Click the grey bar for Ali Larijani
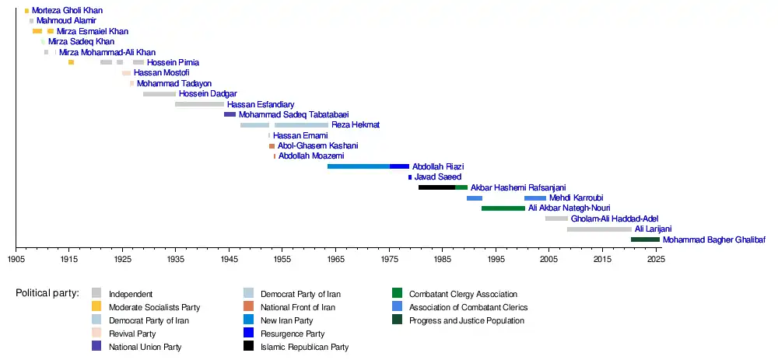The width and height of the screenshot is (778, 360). pyautogui.click(x=599, y=229)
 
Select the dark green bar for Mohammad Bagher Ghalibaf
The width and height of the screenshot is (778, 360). pyautogui.click(x=645, y=239)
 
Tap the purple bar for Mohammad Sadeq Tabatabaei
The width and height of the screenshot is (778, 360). pyautogui.click(x=230, y=114)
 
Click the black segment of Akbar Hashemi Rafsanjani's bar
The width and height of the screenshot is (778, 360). pyautogui.click(x=436, y=187)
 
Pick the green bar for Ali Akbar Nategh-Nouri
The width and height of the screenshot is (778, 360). pyautogui.click(x=503, y=208)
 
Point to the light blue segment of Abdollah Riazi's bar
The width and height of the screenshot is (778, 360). pyautogui.click(x=359, y=166)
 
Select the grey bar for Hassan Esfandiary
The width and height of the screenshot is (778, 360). pyautogui.click(x=199, y=104)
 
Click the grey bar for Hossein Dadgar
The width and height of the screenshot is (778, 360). pyautogui.click(x=159, y=94)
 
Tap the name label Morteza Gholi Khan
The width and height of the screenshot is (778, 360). pyautogui.click(x=67, y=11)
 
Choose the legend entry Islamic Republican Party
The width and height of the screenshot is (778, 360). pyautogui.click(x=304, y=347)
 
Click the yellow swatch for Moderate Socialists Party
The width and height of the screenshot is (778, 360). pyautogui.click(x=96, y=307)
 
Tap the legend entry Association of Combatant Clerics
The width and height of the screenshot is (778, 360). pyautogui.click(x=468, y=307)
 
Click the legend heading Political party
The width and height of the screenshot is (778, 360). pyautogui.click(x=47, y=294)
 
